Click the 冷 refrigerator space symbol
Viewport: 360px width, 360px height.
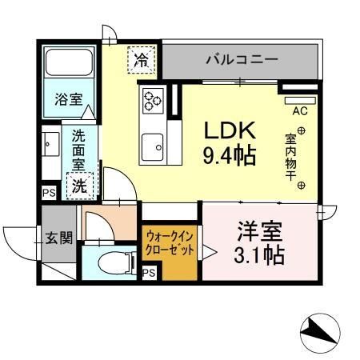click(x=141, y=59)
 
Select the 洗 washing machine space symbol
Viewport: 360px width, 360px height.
click(x=81, y=186)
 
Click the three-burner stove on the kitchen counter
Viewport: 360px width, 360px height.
click(x=153, y=101)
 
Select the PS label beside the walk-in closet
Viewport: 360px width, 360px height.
click(x=148, y=274)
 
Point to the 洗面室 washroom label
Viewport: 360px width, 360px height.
click(x=78, y=148)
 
